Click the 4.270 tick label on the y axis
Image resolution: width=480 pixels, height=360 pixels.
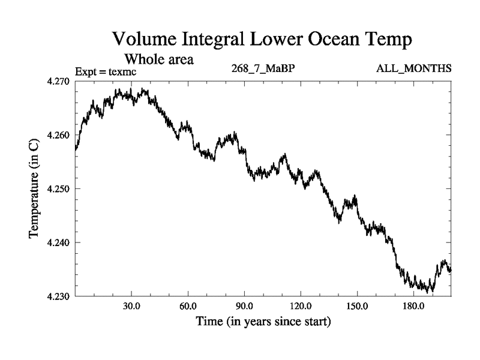pyautogui.click(x=58, y=80)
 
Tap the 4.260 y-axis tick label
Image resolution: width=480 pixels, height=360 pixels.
pyautogui.click(x=58, y=134)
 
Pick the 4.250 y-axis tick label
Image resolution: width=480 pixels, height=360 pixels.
pyautogui.click(x=58, y=188)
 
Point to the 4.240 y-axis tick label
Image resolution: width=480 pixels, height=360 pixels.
pyautogui.click(x=58, y=242)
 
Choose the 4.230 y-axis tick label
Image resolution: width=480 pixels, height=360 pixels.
pyautogui.click(x=58, y=296)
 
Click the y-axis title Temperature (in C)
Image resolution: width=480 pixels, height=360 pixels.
pyautogui.click(x=35, y=188)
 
